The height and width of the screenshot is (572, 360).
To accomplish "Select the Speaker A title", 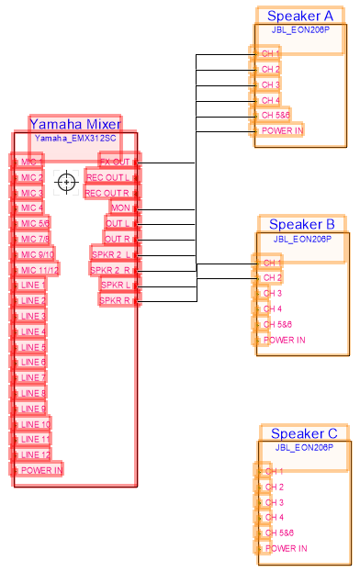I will tap(300, 16).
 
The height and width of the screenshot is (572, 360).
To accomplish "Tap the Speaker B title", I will tap(301, 224).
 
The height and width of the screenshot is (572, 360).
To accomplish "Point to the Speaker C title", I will tap(304, 433).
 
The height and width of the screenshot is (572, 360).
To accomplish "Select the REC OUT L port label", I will tap(112, 177).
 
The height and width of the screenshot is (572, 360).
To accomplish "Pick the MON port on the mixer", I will tap(123, 208).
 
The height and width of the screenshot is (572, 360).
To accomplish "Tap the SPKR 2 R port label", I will tap(112, 270).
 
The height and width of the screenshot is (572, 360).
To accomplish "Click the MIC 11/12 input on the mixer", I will tap(37, 270).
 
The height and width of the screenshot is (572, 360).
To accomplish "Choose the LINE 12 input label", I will tap(33, 454).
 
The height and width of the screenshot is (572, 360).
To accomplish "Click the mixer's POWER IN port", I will tap(39, 470).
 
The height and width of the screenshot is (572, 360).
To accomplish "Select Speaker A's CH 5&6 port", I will tap(274, 116).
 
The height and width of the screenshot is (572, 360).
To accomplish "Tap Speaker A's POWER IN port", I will tap(279, 130).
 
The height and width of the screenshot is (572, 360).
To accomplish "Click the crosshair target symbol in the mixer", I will tap(66, 182).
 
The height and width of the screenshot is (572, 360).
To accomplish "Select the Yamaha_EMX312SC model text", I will tap(75, 138).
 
